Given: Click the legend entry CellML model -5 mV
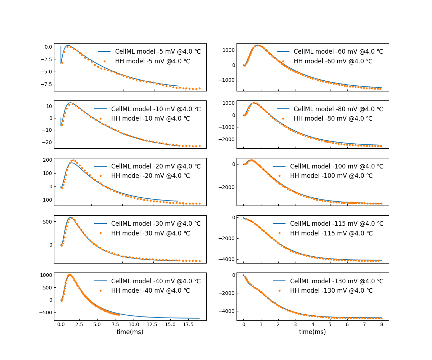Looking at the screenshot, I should coord(158,51).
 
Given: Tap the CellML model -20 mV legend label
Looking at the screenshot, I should coord(156,166).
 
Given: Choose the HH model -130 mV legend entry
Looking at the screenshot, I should coord(337,291).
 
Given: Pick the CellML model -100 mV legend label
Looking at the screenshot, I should coord(337,166).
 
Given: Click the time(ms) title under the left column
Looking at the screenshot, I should coord(130,332).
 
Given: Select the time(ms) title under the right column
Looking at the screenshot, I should coord(312,332).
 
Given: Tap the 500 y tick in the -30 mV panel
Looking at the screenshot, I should coord(48,221).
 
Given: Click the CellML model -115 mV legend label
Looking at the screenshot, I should coord(337,224).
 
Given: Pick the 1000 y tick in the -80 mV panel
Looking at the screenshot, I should coord(229,103).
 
